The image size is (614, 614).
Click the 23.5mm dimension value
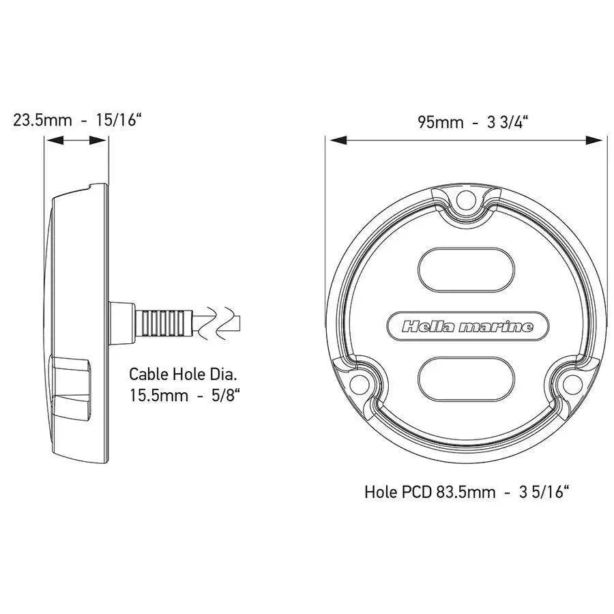(42, 121)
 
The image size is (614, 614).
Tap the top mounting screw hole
(467, 201)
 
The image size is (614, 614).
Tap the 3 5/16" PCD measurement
(542, 491)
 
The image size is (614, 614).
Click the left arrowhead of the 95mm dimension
(334, 141)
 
